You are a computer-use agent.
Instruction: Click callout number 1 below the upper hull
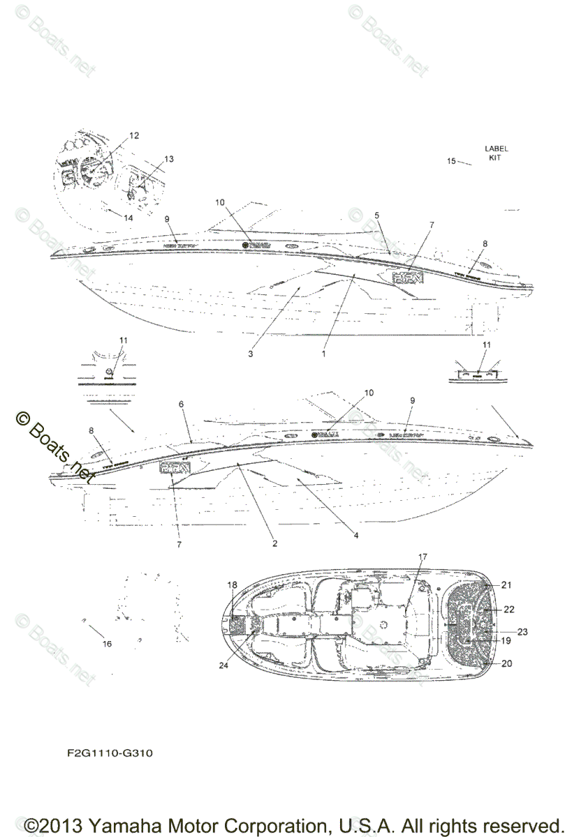click(x=323, y=354)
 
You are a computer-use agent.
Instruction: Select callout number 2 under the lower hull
click(x=274, y=543)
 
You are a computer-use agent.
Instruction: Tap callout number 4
click(x=355, y=536)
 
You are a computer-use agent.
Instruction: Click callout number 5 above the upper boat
click(x=377, y=216)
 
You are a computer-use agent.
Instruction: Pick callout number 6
click(x=182, y=404)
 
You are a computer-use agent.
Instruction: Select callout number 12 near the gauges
click(x=134, y=135)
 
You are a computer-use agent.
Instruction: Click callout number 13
click(x=169, y=159)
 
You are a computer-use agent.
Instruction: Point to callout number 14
click(x=128, y=218)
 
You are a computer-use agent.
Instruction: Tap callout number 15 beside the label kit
click(x=451, y=161)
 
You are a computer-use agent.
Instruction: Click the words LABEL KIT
click(x=497, y=153)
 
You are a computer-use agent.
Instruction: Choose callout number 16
click(x=107, y=644)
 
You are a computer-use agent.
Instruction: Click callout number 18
click(x=233, y=585)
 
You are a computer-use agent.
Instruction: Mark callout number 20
click(x=507, y=663)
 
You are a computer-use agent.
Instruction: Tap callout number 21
click(x=507, y=585)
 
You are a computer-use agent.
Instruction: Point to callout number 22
click(x=509, y=609)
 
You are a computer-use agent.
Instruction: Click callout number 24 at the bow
click(x=223, y=665)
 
